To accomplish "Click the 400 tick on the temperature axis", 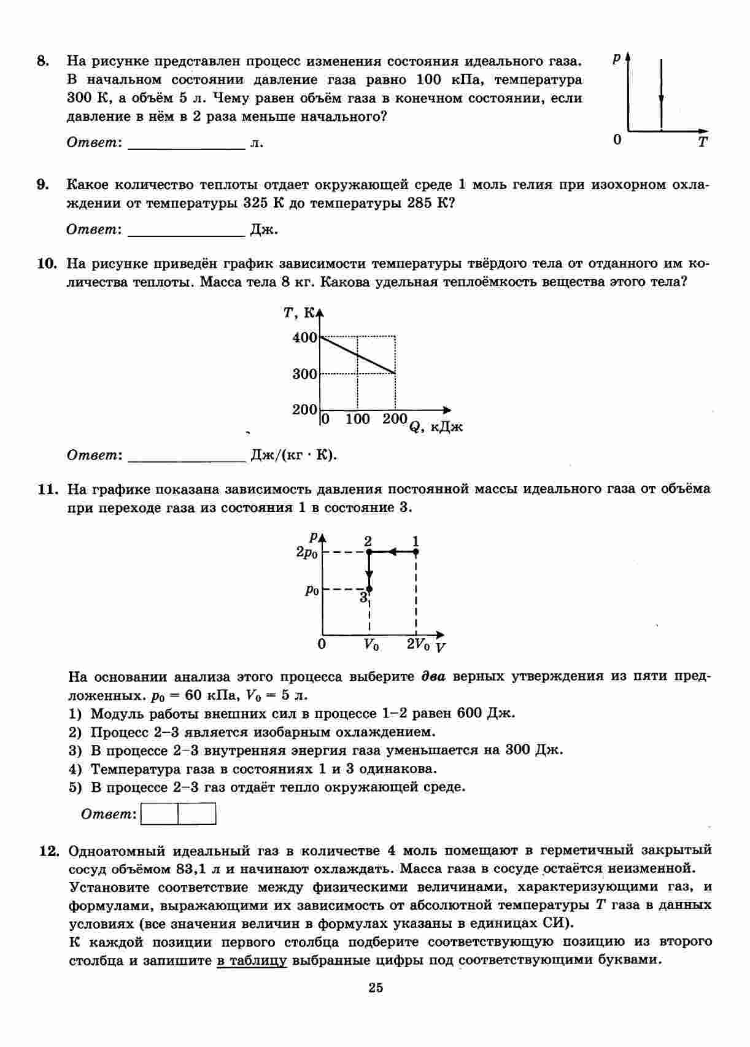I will click(x=304, y=338).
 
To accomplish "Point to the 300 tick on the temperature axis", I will click(x=304, y=374).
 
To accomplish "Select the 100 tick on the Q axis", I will click(x=357, y=419).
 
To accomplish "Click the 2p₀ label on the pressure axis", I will click(x=307, y=552).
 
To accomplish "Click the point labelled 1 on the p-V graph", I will click(x=416, y=552).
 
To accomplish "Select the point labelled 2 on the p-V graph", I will click(x=369, y=552).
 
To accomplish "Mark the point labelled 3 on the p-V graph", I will click(x=369, y=589).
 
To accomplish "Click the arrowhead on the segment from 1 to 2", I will click(x=392, y=552).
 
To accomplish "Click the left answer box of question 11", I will click(x=160, y=814).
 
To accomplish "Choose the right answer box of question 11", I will click(x=197, y=814).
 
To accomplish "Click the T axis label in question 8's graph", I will click(x=702, y=142).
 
